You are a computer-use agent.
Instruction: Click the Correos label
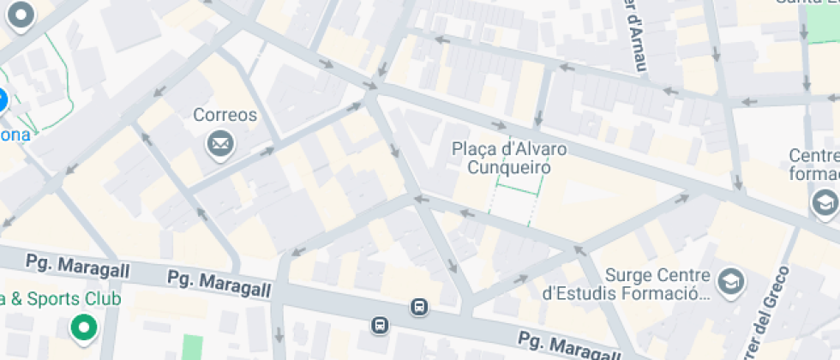pyautogui.click(x=225, y=115)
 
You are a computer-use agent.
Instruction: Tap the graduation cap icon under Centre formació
pyautogui.click(x=824, y=203)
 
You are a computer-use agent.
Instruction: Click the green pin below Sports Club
pyautogui.click(x=83, y=327)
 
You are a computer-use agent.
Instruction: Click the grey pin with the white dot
pyautogui.click(x=20, y=15)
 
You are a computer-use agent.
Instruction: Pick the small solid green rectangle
pyautogui.click(x=193, y=348)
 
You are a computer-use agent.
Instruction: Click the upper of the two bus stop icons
pyautogui.click(x=418, y=307)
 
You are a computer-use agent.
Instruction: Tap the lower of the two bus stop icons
pyautogui.click(x=380, y=325)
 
